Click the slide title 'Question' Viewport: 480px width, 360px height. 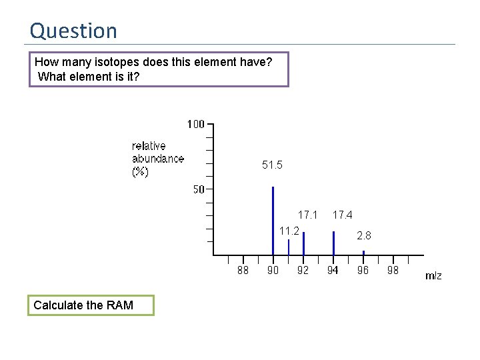[73, 31]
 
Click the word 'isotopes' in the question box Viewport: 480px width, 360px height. [123, 63]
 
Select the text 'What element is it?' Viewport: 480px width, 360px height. [89, 76]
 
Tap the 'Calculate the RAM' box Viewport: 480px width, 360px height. [91, 305]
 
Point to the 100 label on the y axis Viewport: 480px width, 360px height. [195, 124]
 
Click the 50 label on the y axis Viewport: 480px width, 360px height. [199, 189]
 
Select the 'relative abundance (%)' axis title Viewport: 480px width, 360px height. [157, 159]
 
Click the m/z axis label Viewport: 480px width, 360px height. [433, 275]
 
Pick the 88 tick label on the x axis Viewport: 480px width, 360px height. [243, 270]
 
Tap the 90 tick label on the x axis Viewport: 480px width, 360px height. [273, 270]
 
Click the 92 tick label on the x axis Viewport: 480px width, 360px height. [303, 270]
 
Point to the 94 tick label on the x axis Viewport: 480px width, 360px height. [333, 270]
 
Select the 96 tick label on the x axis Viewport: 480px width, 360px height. [363, 270]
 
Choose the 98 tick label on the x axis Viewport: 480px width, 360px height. [393, 270]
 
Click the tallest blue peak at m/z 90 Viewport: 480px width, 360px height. [273, 220]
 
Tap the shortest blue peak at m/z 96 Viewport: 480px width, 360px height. [363, 253]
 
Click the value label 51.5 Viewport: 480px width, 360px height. [272, 165]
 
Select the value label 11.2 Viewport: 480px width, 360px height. [289, 231]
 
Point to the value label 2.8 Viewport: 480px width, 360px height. [364, 236]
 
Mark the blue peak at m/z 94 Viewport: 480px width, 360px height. [333, 243]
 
